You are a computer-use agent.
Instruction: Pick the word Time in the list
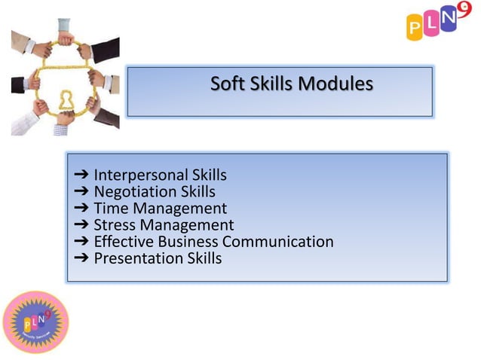coord(110,209)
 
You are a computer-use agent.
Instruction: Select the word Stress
coord(115,225)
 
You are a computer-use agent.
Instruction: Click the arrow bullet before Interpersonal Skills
coord(81,175)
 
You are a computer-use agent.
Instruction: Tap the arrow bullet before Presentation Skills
coord(81,258)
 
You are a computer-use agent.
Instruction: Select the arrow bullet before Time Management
coord(81,209)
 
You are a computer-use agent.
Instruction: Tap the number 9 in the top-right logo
coord(461,10)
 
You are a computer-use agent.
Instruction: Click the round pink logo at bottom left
coord(36,321)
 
